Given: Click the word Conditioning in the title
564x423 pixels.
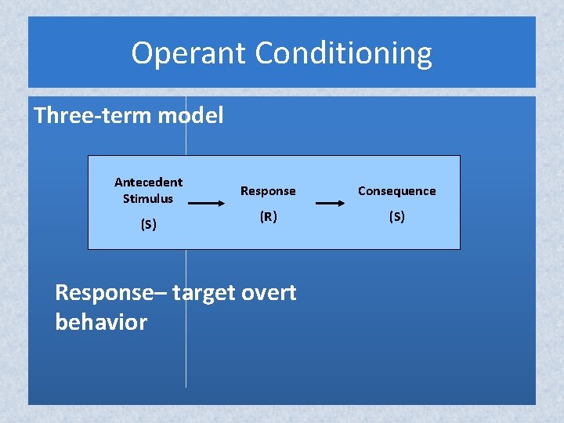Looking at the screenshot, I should pos(343,53).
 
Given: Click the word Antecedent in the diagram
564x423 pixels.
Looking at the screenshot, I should pos(148,182).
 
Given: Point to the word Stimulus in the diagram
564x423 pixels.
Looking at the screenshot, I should pos(148,198).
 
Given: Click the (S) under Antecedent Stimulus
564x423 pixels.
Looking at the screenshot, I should pos(148,224).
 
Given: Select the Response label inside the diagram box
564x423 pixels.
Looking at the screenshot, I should pos(268,190).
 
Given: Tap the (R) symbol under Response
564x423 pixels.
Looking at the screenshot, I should pos(268,216).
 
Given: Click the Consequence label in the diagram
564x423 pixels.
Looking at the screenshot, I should pos(396,190).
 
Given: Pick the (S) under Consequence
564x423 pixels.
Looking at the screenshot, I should pos(396,216).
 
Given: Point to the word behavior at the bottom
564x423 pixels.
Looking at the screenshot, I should pos(101,322).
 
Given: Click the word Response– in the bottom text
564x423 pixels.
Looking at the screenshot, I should pos(110,293).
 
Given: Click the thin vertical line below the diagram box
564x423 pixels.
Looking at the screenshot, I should pos(186,360).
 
